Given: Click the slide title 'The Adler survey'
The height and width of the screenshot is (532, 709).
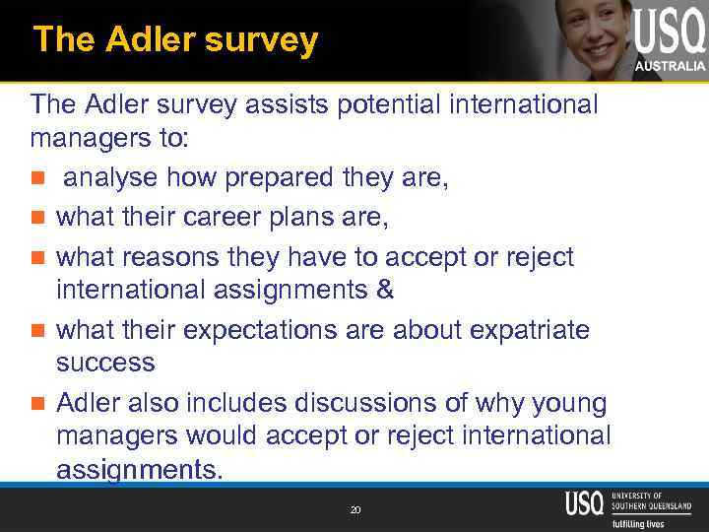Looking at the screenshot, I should [175, 39].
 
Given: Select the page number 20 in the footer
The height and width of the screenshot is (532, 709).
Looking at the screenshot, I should [354, 509].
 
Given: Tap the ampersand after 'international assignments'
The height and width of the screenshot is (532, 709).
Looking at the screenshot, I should [385, 290].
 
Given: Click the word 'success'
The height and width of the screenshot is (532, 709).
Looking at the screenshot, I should [105, 363].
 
